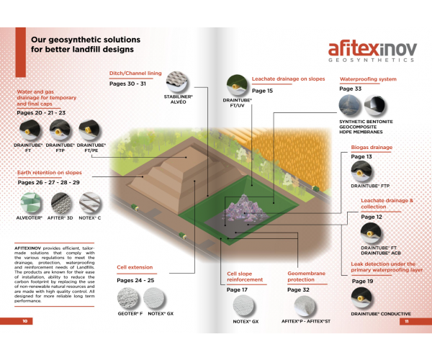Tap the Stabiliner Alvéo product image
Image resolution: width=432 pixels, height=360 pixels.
[x=181, y=93]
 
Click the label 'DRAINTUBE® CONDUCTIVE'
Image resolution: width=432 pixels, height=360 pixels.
[x=381, y=314]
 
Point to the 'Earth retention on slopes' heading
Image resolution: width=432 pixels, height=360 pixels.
[x=50, y=173]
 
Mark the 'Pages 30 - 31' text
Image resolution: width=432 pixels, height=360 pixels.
[x=127, y=84]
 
